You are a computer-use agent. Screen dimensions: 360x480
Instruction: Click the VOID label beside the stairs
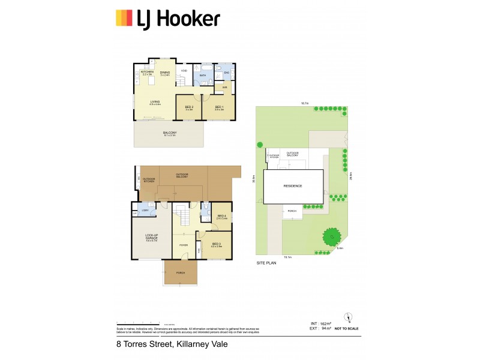click(x=184, y=71)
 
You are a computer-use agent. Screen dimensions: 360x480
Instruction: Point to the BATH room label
click(x=203, y=75)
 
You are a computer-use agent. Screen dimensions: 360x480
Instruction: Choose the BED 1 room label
click(x=219, y=107)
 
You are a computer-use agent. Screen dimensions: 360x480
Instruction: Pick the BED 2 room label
click(x=189, y=107)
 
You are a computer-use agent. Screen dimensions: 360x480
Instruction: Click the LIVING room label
click(x=155, y=102)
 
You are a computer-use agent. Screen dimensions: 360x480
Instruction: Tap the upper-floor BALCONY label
click(x=170, y=133)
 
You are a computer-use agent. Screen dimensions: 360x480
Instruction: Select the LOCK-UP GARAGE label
click(x=151, y=237)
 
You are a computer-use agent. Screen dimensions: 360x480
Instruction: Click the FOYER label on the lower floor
click(x=183, y=244)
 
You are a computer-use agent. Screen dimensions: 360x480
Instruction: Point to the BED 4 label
click(x=221, y=216)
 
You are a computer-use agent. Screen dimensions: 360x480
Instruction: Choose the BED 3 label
click(x=216, y=244)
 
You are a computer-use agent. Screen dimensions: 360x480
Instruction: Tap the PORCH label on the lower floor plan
click(x=181, y=273)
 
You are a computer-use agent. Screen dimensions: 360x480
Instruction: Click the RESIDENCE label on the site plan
click(x=293, y=186)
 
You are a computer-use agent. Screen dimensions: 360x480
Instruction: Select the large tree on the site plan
click(x=330, y=238)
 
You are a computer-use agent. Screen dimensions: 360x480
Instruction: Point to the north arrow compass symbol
click(x=346, y=317)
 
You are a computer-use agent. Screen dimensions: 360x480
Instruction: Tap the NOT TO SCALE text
click(x=346, y=329)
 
